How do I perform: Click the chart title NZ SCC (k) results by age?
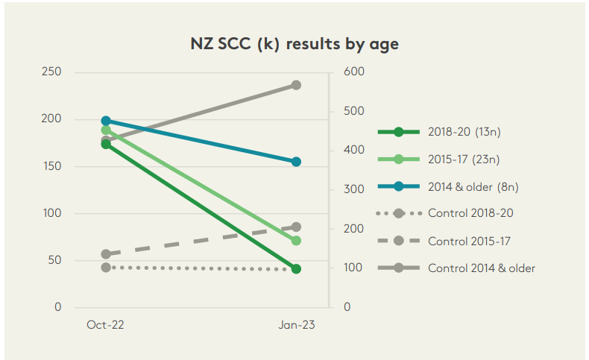pos(294,43)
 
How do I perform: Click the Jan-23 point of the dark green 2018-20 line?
pos(296,269)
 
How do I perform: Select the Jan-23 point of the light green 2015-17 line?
pos(296,241)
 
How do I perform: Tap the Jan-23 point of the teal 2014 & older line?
pos(296,162)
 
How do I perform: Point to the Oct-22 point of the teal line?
pos(106,121)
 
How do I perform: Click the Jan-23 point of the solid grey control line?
pos(296,85)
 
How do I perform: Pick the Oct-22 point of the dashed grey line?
pos(106,254)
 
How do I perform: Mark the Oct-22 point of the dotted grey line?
pos(106,267)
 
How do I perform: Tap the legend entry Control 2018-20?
pos(470,213)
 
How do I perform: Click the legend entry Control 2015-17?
pos(470,241)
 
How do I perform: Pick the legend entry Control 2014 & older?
pos(481,268)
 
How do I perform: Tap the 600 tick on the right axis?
pos(353,72)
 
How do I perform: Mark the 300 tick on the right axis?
pos(353,190)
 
